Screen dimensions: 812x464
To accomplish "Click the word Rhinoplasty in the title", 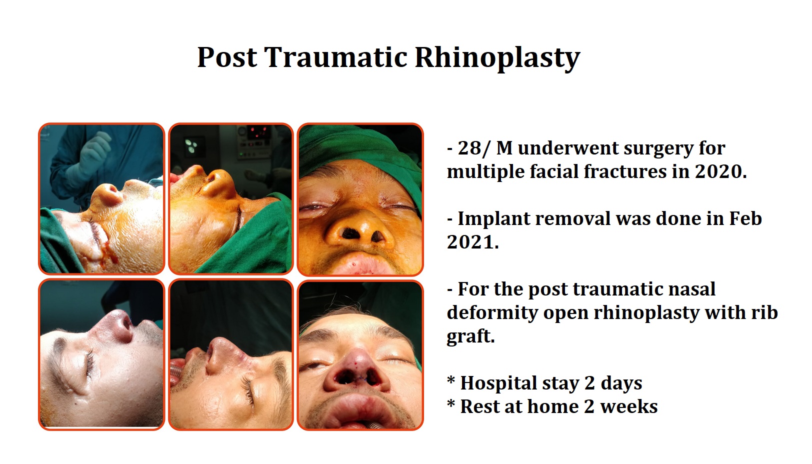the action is point(497,57).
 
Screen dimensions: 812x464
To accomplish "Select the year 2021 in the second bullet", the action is point(470,242).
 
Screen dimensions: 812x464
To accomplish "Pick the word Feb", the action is point(745,218).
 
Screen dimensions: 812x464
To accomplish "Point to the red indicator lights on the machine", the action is point(257,132).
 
